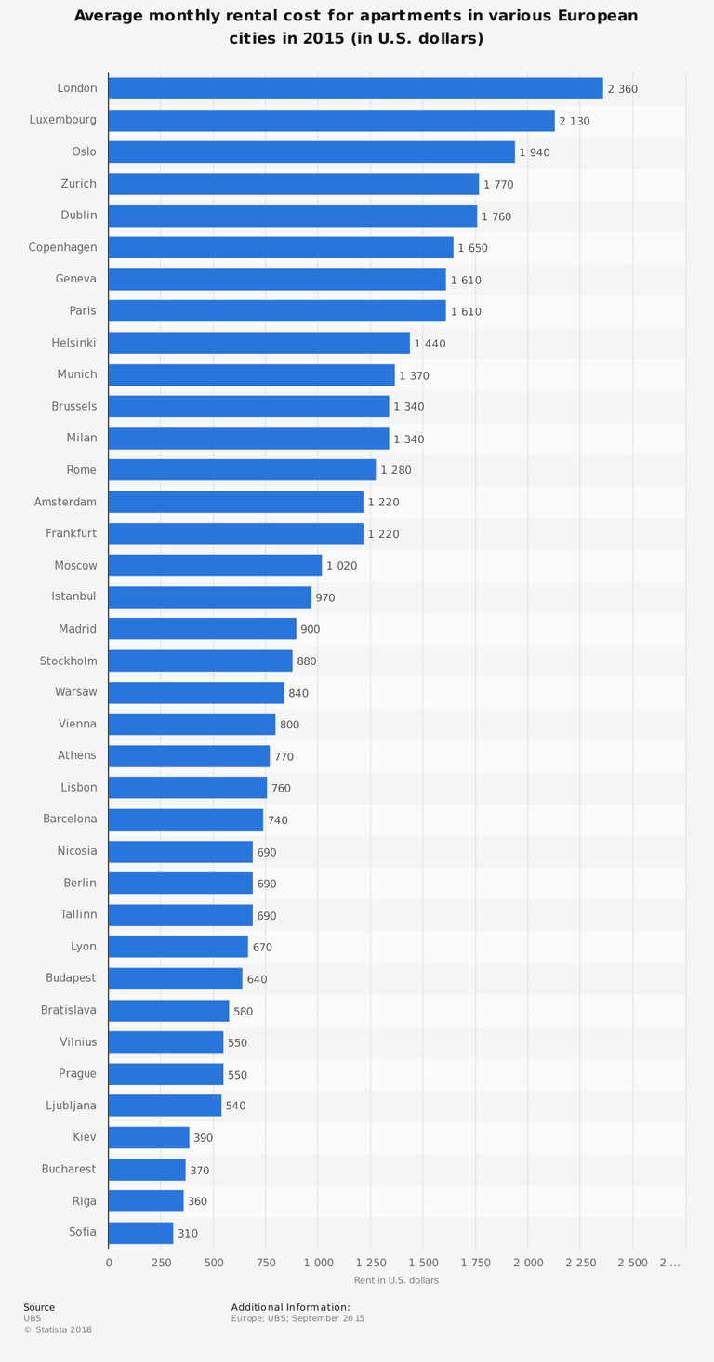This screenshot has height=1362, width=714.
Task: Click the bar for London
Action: pyautogui.click(x=355, y=88)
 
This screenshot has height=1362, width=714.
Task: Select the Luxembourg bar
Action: pyautogui.click(x=331, y=121)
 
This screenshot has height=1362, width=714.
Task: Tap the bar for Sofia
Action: pyautogui.click(x=140, y=1233)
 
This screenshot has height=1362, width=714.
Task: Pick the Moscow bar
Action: pyautogui.click(x=215, y=565)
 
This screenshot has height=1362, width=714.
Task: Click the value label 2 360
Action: pyautogui.click(x=622, y=89)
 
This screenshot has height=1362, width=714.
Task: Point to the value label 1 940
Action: pyautogui.click(x=535, y=152)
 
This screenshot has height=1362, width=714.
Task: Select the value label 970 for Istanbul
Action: pyautogui.click(x=324, y=597)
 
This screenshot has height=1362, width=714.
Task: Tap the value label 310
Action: pyautogui.click(x=187, y=1234)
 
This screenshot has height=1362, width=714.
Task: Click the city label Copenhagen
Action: pyautogui.click(x=62, y=247)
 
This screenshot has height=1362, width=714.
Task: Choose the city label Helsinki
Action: pyautogui.click(x=73, y=343)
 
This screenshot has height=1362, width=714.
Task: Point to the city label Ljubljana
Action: pyautogui.click(x=71, y=1106)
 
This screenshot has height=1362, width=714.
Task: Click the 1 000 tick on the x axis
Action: pyautogui.click(x=318, y=1263)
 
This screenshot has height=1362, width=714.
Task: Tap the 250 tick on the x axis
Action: pyautogui.click(x=161, y=1263)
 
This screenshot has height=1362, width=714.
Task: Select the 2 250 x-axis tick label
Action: pyautogui.click(x=579, y=1263)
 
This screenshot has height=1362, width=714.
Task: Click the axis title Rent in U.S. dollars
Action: pyautogui.click(x=396, y=1280)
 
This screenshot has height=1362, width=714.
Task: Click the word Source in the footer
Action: pyautogui.click(x=39, y=1307)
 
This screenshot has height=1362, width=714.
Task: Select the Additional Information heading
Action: pyautogui.click(x=290, y=1307)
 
